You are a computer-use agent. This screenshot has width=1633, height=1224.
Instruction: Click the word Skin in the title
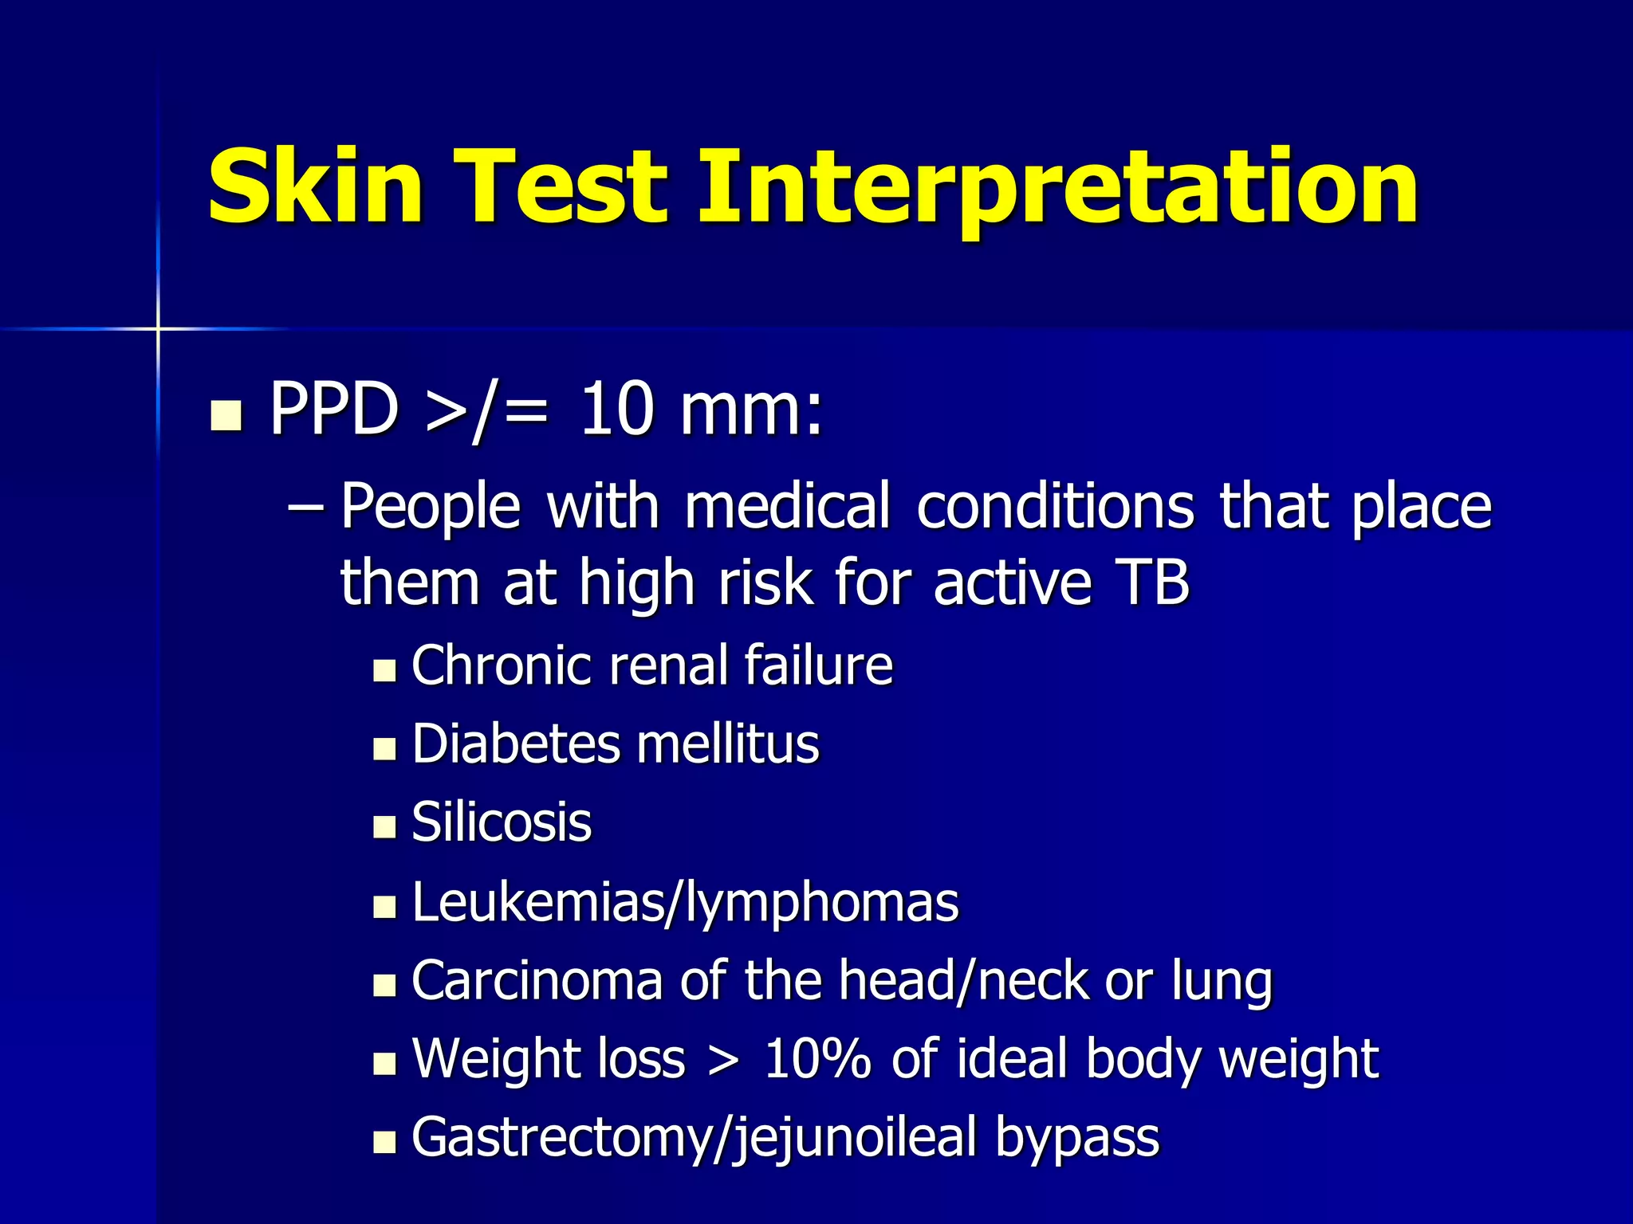pos(315,187)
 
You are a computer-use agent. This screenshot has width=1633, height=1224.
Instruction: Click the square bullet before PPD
pos(226,415)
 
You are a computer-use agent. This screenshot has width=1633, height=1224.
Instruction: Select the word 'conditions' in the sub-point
pos(1055,507)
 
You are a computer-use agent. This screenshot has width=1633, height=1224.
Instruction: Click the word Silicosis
pos(502,822)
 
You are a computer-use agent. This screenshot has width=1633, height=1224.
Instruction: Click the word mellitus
pos(727,744)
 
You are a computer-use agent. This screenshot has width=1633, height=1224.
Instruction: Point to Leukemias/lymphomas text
pos(685,904)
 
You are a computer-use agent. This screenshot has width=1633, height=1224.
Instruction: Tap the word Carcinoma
pos(537,981)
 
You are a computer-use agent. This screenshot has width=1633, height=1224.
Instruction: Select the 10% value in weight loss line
pos(816,1060)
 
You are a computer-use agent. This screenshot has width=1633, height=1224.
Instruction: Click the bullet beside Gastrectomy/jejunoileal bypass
pos(384,1142)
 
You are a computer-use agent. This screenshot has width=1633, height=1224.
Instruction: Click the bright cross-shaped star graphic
pos(158,328)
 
